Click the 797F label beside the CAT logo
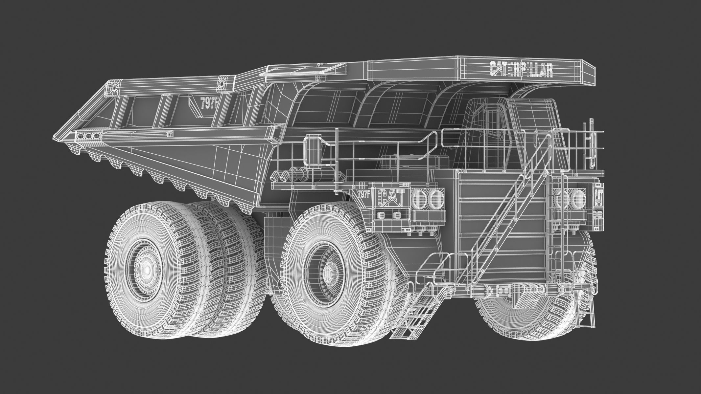click(364, 193)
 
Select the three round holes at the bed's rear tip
click(89, 136)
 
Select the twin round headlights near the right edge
click(572, 199)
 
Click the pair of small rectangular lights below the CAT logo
click(388, 215)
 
